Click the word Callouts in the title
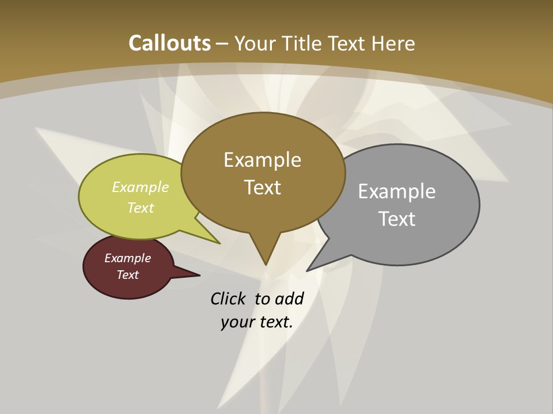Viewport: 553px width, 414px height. (169, 43)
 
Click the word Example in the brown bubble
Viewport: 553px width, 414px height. (262, 160)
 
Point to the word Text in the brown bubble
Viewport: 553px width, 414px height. (262, 187)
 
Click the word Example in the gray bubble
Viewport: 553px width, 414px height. (397, 191)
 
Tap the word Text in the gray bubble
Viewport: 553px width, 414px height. (397, 219)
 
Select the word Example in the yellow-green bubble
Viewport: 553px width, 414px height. (141, 187)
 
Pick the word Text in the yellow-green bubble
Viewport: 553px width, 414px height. (141, 208)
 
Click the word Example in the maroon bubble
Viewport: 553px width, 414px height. (127, 258)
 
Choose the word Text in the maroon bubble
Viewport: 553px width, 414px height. (127, 275)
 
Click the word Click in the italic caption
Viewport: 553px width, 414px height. (229, 298)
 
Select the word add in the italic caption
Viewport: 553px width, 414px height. (289, 298)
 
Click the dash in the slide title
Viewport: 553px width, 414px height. (222, 44)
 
